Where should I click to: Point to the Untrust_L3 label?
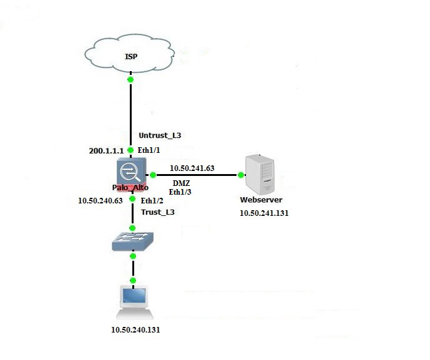[x=160, y=135]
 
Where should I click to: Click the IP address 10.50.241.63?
[x=192, y=168]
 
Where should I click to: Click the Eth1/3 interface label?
[x=182, y=193]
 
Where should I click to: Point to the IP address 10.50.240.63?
[x=99, y=201]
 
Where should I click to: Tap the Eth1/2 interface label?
[x=152, y=201]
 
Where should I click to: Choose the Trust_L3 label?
[x=157, y=212]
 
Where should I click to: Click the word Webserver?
[x=261, y=200]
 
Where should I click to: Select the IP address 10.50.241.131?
[x=265, y=213]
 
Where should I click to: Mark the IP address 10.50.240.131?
[x=135, y=329]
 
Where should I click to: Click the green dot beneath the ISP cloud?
[x=130, y=79]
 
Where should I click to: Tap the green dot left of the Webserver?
[x=240, y=175]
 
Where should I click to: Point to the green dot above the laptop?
[x=133, y=281]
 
